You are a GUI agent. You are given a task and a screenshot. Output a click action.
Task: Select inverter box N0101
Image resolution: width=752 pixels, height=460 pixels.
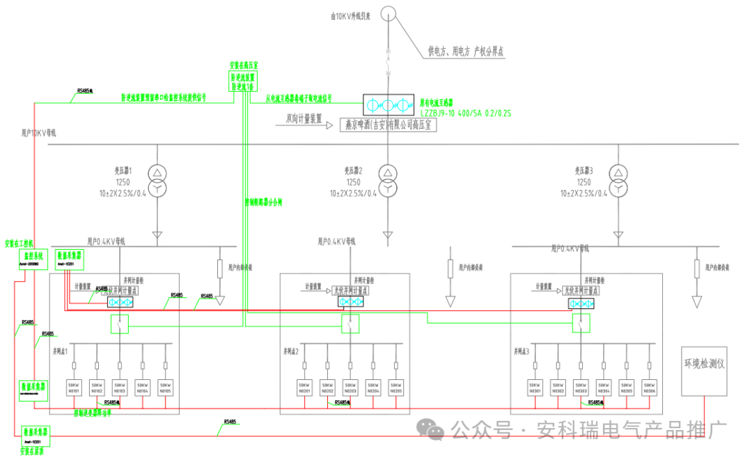(74, 388)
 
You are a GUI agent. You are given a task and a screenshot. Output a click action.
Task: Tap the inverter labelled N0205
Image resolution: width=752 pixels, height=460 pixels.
(396, 388)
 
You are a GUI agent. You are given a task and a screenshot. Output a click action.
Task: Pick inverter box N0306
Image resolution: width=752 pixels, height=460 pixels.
(649, 388)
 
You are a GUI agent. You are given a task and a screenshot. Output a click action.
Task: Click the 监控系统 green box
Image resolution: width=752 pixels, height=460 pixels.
(30, 259)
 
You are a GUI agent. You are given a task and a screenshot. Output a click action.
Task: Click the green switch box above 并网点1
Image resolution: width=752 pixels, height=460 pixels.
(120, 324)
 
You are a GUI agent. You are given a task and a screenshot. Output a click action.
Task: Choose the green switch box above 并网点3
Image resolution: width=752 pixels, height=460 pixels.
(580, 324)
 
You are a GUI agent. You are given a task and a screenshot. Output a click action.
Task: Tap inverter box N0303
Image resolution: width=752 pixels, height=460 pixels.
(581, 388)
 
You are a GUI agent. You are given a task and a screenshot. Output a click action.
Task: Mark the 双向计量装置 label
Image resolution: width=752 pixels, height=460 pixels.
(304, 119)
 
